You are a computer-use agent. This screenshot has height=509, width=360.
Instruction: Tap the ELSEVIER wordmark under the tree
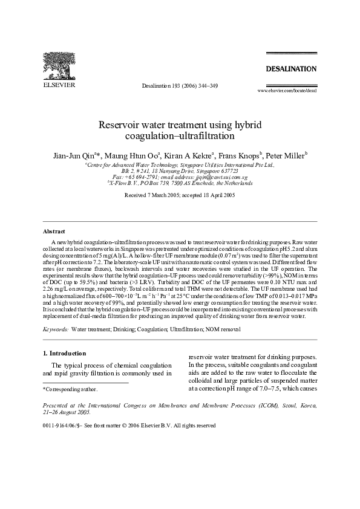58,85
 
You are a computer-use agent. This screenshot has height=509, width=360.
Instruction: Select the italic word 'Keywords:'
56,329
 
